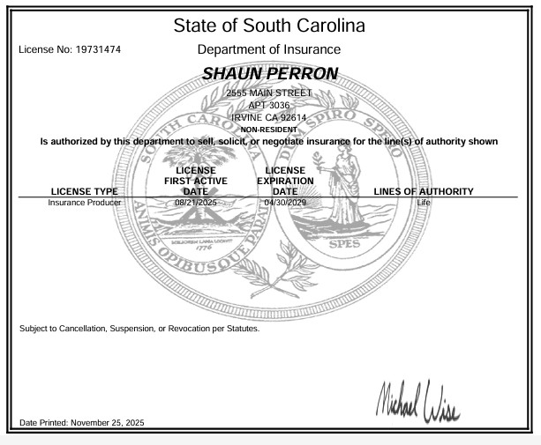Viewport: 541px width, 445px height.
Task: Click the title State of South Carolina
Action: (269, 25)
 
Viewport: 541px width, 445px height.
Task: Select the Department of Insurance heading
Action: (269, 50)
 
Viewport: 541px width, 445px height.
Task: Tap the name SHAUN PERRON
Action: (270, 74)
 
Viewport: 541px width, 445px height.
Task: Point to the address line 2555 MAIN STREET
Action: (268, 93)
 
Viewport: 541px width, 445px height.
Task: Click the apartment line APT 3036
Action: (268, 105)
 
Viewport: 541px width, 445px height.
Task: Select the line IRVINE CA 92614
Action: (268, 117)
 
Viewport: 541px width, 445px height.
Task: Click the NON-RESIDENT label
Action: (268, 129)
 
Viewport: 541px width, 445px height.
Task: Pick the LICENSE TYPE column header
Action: (84, 191)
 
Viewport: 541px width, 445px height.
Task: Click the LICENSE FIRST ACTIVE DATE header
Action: (196, 181)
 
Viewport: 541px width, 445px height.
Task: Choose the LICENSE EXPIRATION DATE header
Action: (285, 181)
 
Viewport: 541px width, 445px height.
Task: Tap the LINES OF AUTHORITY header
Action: (424, 191)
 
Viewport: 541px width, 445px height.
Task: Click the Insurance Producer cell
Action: (84, 203)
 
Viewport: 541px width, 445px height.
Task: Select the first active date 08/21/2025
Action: (196, 203)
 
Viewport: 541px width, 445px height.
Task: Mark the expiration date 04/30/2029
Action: (284, 203)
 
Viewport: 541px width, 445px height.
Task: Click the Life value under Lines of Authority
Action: (424, 203)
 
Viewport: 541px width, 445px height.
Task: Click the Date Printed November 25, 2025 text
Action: (81, 424)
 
